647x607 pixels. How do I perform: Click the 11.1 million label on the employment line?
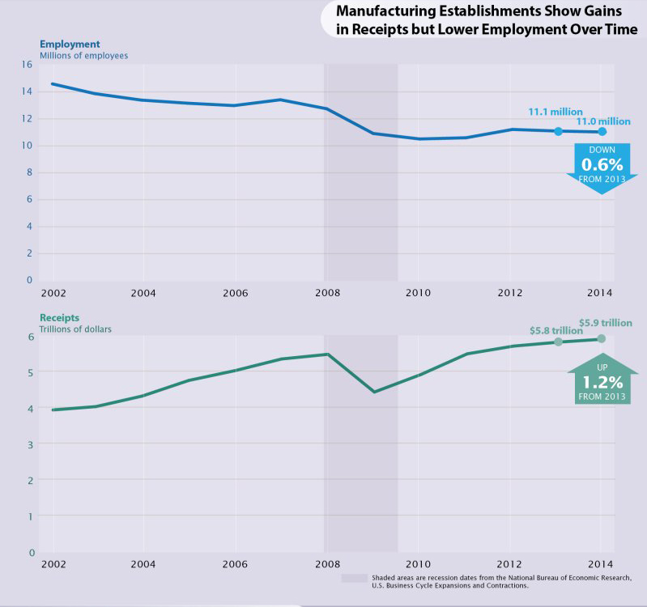pyautogui.click(x=555, y=111)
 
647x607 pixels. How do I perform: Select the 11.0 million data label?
pyautogui.click(x=603, y=121)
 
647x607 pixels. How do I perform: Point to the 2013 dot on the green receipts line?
pyautogui.click(x=558, y=342)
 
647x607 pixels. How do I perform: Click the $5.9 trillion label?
pyautogui.click(x=605, y=321)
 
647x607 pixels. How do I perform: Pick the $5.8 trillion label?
pyautogui.click(x=556, y=330)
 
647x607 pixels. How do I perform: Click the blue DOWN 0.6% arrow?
pyautogui.click(x=602, y=168)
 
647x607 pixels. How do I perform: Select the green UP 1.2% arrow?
pyautogui.click(x=602, y=379)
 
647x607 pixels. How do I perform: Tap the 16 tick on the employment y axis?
pyautogui.click(x=27, y=65)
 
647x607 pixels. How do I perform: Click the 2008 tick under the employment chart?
pyautogui.click(x=327, y=292)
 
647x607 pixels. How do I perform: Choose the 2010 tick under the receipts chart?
pyautogui.click(x=418, y=563)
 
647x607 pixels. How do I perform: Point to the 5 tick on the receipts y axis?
pyautogui.click(x=32, y=372)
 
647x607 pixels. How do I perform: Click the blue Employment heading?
pyautogui.click(x=70, y=44)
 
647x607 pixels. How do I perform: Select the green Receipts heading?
pyautogui.click(x=59, y=318)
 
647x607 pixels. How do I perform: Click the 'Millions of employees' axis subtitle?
pyautogui.click(x=83, y=55)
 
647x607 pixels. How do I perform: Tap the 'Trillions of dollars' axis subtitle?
pyautogui.click(x=75, y=329)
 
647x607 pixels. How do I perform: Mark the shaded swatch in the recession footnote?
pyautogui.click(x=354, y=578)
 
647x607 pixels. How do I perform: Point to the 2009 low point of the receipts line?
pyautogui.click(x=373, y=392)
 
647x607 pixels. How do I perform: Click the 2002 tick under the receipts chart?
pyautogui.click(x=53, y=563)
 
